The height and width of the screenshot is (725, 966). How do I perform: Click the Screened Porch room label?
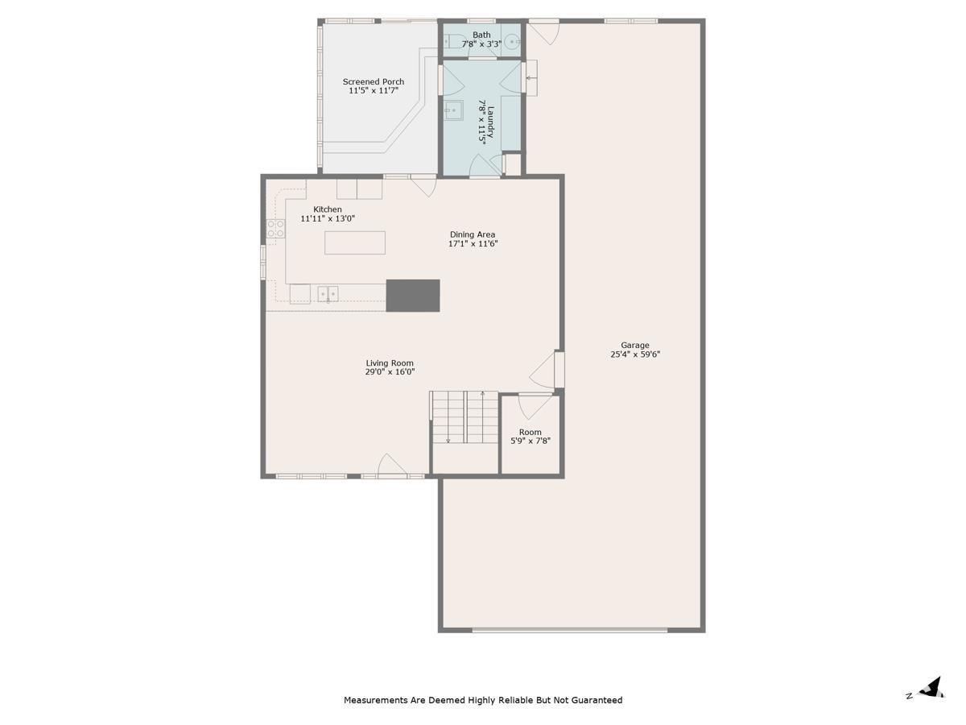pyautogui.click(x=374, y=82)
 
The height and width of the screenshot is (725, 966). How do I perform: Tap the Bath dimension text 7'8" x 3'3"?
pyautogui.click(x=481, y=44)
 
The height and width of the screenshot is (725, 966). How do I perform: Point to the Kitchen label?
pyautogui.click(x=327, y=209)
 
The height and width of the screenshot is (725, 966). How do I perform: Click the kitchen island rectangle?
pyautogui.click(x=355, y=242)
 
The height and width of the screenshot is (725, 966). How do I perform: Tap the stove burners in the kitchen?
pyautogui.click(x=275, y=229)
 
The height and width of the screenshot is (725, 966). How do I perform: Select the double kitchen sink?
pyautogui.click(x=328, y=293)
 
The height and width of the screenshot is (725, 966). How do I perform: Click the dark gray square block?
pyautogui.click(x=413, y=296)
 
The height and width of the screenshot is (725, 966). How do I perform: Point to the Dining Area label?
pyautogui.click(x=473, y=234)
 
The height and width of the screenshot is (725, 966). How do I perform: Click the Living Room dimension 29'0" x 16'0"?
pyautogui.click(x=390, y=372)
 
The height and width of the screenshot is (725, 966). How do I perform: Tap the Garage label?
pyautogui.click(x=635, y=346)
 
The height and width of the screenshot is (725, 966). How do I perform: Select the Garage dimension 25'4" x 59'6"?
pyautogui.click(x=635, y=354)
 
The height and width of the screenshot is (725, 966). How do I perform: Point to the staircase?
pyautogui.click(x=464, y=417)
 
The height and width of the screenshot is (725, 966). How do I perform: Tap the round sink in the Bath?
pyautogui.click(x=512, y=42)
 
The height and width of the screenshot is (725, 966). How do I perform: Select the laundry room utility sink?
pyautogui.click(x=453, y=110)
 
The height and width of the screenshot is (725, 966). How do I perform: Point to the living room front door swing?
pyautogui.click(x=391, y=465)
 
